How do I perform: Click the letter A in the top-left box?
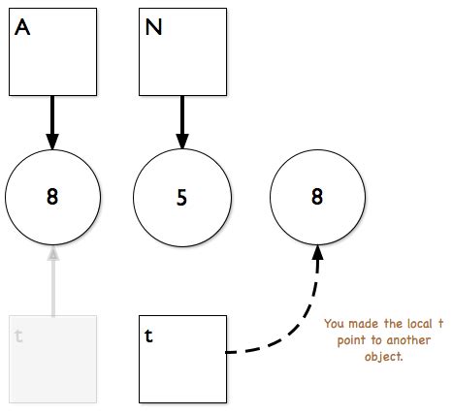pos(23,28)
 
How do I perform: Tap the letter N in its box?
pos(153,28)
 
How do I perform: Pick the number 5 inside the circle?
pos(180,197)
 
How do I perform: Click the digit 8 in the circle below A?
pos(52,197)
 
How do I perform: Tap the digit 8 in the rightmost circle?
pos(316,197)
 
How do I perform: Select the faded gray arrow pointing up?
pos(52,286)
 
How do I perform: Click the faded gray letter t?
pos(19,336)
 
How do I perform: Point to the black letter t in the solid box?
pos(148,336)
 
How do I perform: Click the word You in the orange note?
pos(334,324)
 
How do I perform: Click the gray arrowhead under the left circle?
pos(52,253)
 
